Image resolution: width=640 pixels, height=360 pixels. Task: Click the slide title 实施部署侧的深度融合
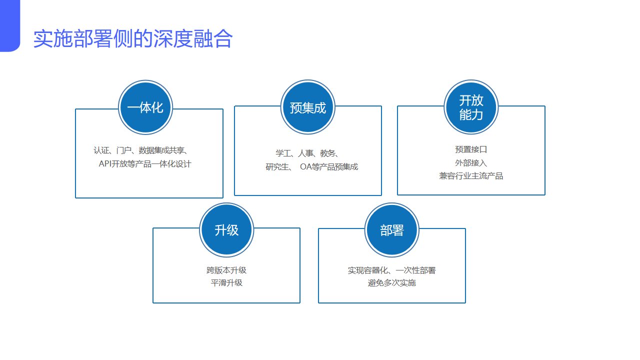133,39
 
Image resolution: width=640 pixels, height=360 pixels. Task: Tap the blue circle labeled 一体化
145,107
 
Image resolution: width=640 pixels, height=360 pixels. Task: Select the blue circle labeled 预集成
308,107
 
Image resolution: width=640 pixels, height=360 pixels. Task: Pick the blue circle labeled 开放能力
471,107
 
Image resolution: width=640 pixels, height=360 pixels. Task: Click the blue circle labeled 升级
226,230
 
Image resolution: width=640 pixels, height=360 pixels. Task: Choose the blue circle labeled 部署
392,230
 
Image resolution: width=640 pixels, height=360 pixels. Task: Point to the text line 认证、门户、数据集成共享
140,150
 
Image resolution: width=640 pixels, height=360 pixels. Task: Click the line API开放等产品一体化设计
145,164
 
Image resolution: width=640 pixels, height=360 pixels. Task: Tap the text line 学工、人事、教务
308,153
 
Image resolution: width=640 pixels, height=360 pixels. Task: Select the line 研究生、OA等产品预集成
312,167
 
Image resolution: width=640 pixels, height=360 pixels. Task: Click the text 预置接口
471,149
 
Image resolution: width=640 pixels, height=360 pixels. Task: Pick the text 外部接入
471,163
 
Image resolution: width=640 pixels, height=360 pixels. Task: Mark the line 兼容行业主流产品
471,176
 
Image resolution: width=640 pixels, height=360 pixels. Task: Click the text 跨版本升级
226,270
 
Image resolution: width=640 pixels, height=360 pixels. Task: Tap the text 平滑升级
226,283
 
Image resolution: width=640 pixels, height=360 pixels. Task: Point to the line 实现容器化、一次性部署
392,270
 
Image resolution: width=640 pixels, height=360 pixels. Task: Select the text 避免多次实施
392,283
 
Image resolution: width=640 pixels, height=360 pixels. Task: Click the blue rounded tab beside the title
9,25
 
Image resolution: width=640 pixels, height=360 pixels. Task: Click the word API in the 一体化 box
105,164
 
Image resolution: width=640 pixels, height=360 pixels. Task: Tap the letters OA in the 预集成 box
305,167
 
